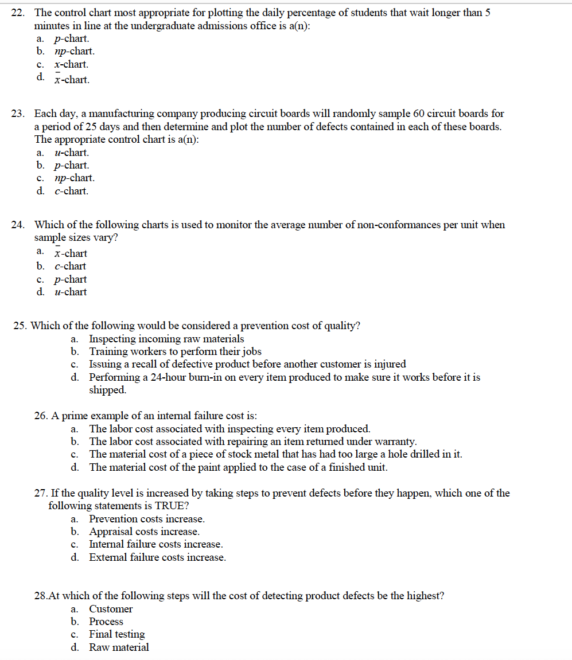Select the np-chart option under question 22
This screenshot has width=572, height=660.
[x=75, y=52]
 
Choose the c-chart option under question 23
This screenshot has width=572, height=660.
[x=72, y=191]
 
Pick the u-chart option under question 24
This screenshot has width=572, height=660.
[x=71, y=292]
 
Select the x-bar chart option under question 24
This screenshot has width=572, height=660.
[x=71, y=253]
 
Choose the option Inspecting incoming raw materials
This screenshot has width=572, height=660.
[x=166, y=339]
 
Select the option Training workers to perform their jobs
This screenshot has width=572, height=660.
[x=176, y=352]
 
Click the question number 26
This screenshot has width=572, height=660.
[x=42, y=416]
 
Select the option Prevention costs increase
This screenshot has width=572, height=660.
[x=147, y=519]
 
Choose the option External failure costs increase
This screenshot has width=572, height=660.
[x=157, y=557]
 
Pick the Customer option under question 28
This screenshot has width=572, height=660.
[x=111, y=609]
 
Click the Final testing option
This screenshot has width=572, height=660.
[x=117, y=634]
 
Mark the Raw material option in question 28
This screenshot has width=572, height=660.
[x=119, y=647]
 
